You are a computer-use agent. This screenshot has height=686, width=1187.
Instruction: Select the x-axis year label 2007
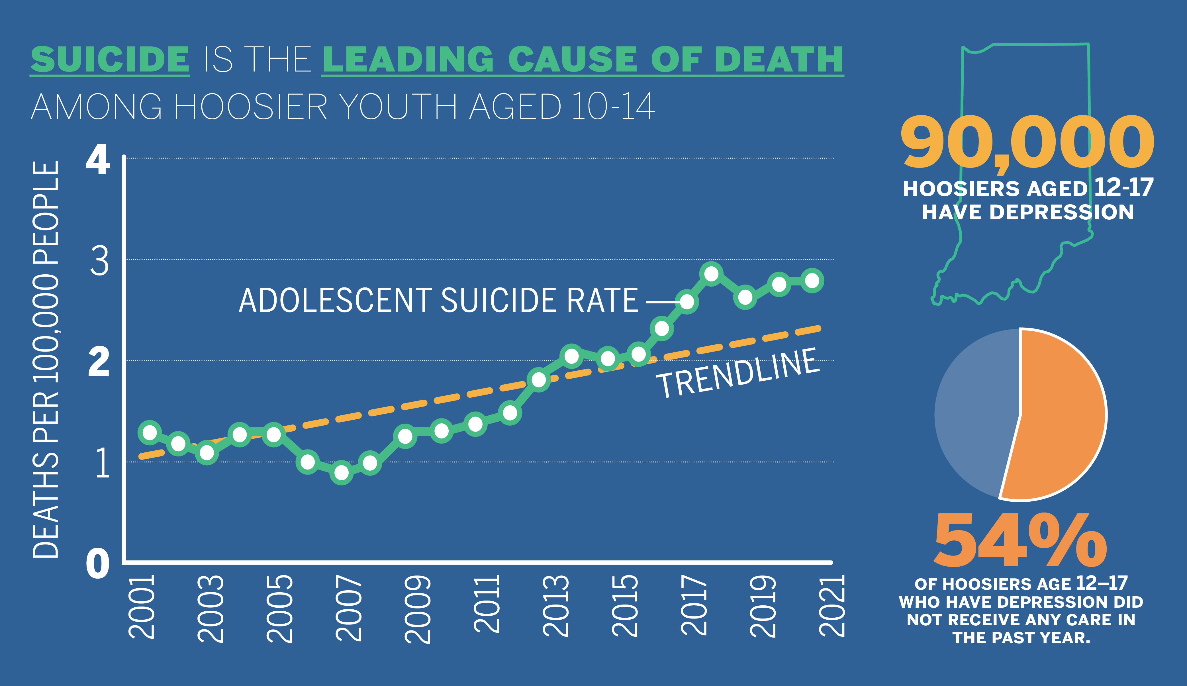[x=349, y=608]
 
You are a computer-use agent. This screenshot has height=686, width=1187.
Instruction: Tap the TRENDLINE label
[x=738, y=373]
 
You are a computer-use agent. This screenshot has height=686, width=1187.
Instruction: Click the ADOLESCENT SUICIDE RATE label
[x=438, y=301]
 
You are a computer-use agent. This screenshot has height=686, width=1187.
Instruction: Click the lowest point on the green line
[x=342, y=472]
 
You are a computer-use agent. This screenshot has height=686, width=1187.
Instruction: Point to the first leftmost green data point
[x=150, y=432]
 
